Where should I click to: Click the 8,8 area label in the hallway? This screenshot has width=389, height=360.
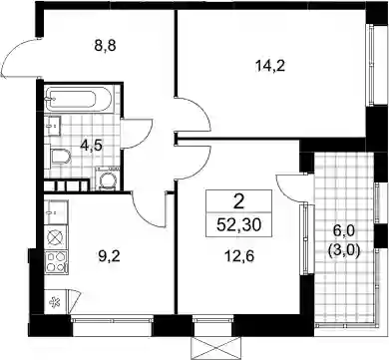click(105, 47)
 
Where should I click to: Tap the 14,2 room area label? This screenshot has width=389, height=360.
click(270, 67)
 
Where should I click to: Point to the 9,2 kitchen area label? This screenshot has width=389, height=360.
click(110, 256)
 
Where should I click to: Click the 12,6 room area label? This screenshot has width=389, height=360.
click(239, 256)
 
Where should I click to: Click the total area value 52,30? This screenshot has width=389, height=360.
click(238, 225)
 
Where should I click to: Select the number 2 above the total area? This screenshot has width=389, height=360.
click(238, 201)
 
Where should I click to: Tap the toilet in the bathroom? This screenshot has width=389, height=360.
click(61, 157)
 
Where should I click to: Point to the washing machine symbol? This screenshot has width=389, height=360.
click(108, 179)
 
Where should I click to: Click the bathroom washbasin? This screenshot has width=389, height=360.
click(53, 126)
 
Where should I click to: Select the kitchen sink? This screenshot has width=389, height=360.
click(56, 211)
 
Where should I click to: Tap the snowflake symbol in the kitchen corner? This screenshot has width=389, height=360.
click(53, 302)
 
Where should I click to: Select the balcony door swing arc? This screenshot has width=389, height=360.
click(288, 189)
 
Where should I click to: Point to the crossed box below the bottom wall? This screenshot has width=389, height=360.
click(215, 348)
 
